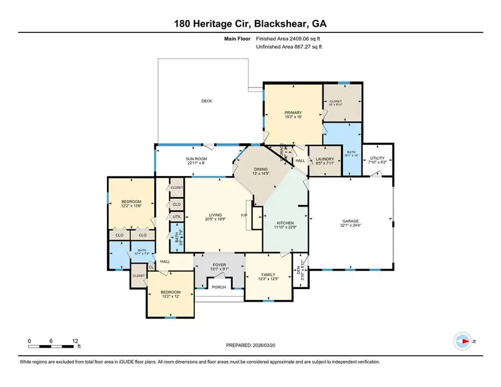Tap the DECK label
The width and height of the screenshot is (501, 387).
point(207,101)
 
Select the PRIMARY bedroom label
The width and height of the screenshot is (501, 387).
point(293,112)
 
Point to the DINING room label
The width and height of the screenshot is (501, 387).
point(261,169)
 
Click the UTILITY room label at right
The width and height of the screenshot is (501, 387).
point(377,158)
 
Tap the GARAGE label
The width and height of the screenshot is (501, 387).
point(350,221)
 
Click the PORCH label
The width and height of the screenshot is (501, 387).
point(219,287)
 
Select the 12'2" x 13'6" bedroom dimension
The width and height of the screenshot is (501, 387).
point(131,207)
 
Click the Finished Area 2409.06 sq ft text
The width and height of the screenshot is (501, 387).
point(288,39)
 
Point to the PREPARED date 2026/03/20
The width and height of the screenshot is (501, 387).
point(250,346)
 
